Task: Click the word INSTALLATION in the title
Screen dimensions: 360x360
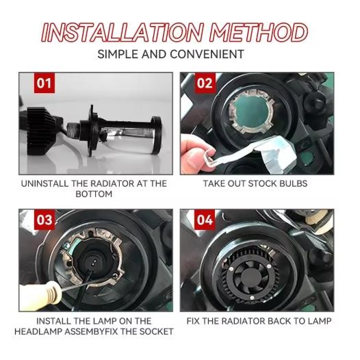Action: point(122,32)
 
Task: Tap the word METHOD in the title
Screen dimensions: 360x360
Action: point(258,32)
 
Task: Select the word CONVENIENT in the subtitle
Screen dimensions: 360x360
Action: point(207,55)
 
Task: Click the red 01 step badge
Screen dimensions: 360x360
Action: point(44,83)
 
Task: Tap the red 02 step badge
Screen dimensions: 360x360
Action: point(205,83)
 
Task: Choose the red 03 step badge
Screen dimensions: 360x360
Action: point(44,220)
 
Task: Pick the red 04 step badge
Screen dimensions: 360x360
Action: point(205,220)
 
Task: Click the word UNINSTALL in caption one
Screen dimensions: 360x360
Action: point(44,183)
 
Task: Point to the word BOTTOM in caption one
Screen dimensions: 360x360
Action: point(94,194)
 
